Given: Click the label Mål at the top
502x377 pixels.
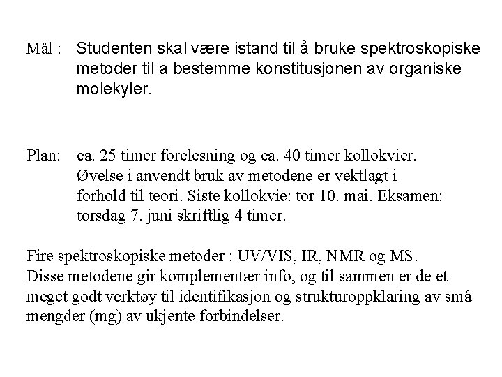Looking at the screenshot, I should click(38, 50).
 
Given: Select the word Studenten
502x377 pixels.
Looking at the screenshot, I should click(112, 50).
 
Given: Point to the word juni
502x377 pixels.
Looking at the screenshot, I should click(160, 216).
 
